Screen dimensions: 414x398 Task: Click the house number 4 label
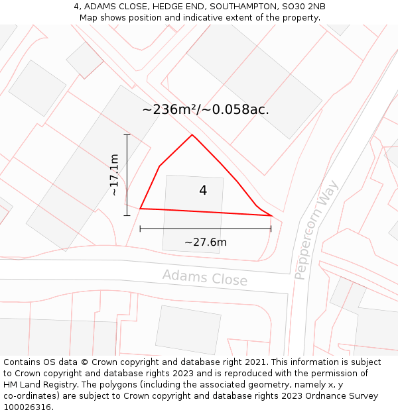pyautogui.click(x=203, y=191)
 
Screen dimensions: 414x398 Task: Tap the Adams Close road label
pyautogui.click(x=205, y=278)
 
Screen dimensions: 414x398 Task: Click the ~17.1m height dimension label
pyautogui.click(x=114, y=175)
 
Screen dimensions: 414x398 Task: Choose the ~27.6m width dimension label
pyautogui.click(x=206, y=242)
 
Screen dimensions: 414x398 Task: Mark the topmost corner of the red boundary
pyautogui.click(x=192, y=135)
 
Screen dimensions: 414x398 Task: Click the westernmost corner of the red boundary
pyautogui.click(x=140, y=209)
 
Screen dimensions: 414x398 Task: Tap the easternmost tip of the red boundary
pyautogui.click(x=271, y=215)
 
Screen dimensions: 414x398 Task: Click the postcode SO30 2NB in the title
pyautogui.click(x=303, y=7)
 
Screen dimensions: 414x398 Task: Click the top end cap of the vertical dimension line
pyautogui.click(x=127, y=134)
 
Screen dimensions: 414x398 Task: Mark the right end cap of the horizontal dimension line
pyautogui.click(x=271, y=229)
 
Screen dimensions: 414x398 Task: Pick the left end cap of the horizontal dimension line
pyautogui.click(x=140, y=229)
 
